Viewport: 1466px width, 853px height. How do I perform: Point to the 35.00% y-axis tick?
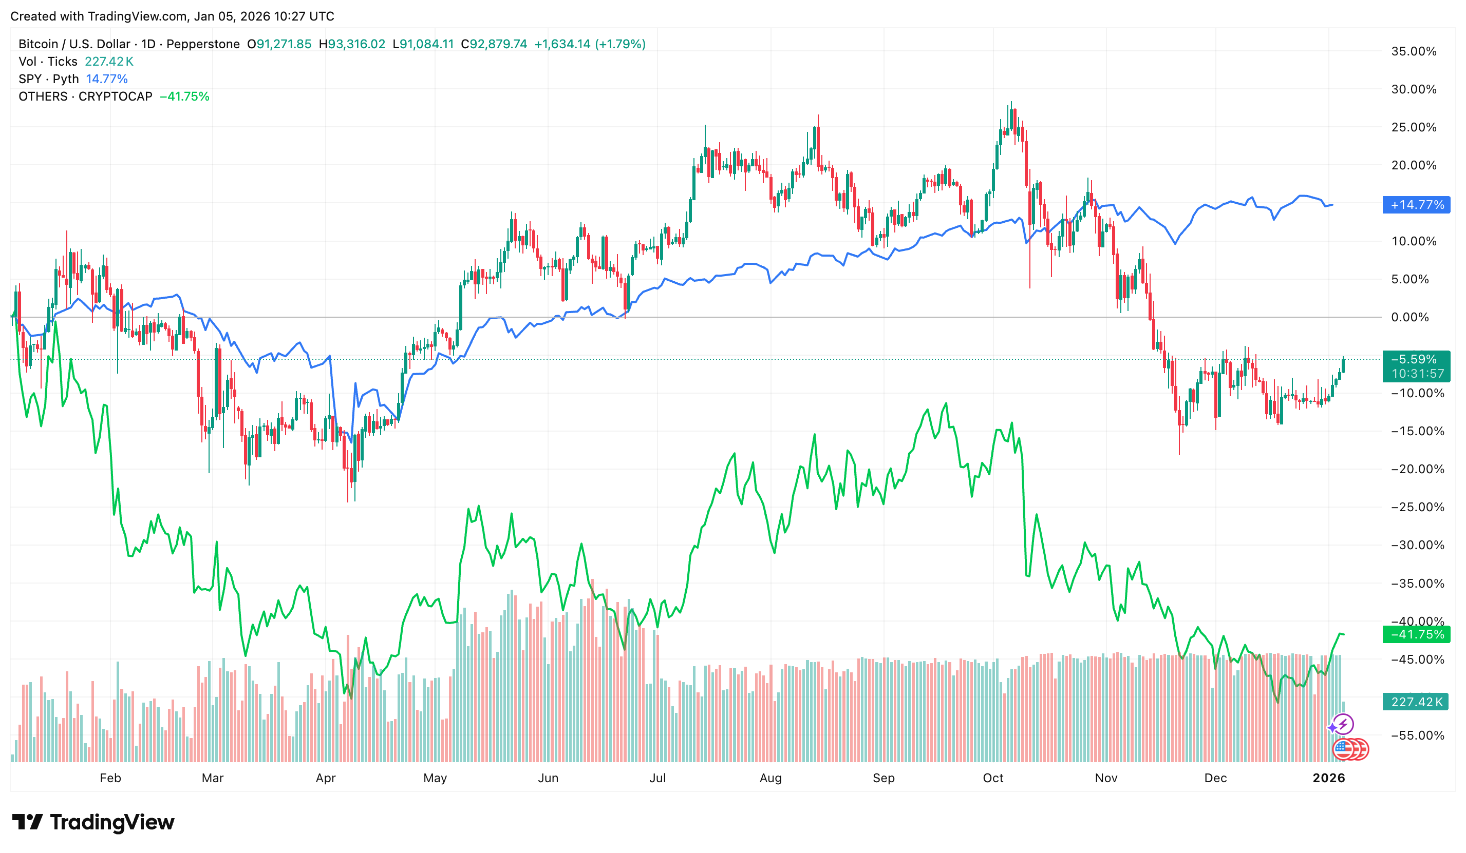1413,51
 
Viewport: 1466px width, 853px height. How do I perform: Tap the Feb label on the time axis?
110,778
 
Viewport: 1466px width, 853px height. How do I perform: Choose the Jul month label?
657,778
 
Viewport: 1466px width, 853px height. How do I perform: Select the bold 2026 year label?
1328,778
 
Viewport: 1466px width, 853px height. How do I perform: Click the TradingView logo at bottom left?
93,822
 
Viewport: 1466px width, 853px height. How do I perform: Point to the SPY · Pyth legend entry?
48,79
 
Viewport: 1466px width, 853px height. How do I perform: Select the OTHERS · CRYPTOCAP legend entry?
85,96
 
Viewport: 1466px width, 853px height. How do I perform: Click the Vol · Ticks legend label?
48,62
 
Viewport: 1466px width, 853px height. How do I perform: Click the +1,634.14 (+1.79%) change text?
589,44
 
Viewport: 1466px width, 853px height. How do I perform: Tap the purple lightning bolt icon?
1343,725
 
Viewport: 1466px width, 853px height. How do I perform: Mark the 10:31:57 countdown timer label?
1417,374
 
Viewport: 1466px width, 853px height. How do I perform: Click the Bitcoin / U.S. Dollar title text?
74,44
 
